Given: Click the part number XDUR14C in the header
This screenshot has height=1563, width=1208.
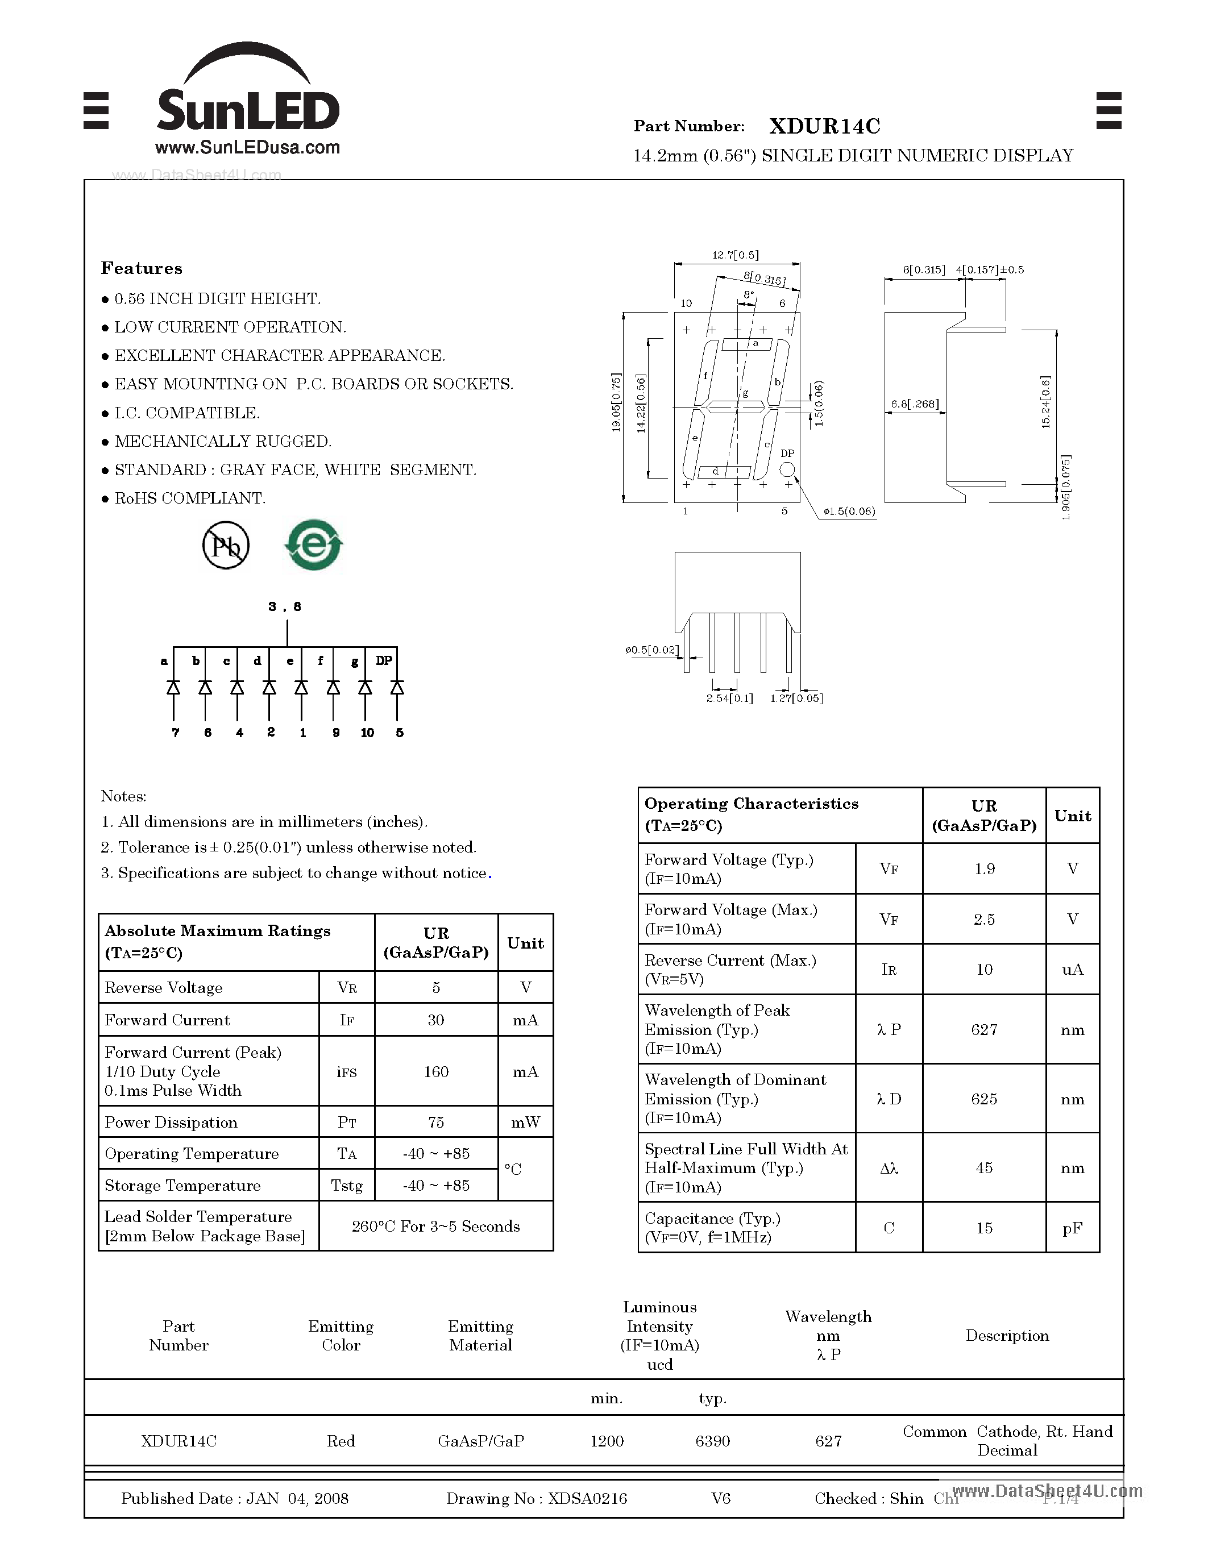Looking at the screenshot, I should [x=824, y=126].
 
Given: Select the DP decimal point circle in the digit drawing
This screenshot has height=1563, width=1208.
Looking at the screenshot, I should [x=787, y=469].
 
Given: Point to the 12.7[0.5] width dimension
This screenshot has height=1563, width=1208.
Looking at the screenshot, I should [x=736, y=255].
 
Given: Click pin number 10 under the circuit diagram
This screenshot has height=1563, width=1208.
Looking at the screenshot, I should [x=367, y=732].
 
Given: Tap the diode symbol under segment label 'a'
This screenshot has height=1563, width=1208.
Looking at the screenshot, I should [x=173, y=688].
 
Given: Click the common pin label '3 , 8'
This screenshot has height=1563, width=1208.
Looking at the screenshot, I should [x=285, y=606].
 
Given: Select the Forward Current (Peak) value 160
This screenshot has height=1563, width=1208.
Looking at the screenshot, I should [x=436, y=1071].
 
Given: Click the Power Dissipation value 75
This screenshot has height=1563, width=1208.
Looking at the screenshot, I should [x=436, y=1122].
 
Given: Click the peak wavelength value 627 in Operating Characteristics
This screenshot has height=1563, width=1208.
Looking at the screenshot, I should [x=984, y=1029].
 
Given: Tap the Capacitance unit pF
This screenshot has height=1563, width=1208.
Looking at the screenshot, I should [x=1072, y=1228].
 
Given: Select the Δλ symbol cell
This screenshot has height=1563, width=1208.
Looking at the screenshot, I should [x=889, y=1168].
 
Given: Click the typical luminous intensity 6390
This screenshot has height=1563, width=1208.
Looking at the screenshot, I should [x=712, y=1441].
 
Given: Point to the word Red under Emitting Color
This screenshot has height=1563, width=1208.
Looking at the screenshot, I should [x=341, y=1441].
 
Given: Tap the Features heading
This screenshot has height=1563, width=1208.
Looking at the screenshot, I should [x=142, y=268].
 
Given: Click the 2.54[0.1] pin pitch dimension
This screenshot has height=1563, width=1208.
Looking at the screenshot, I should [x=729, y=698].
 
